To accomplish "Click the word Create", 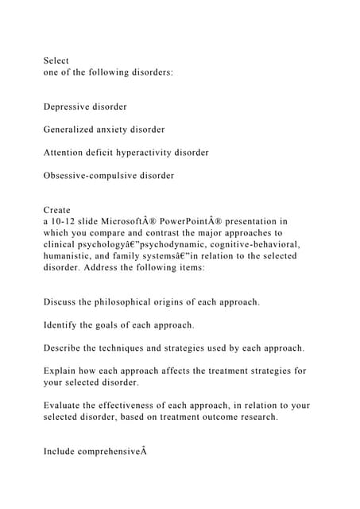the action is (x=57, y=210).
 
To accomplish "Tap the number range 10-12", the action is (x=65, y=222).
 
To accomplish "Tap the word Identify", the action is (x=61, y=325).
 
